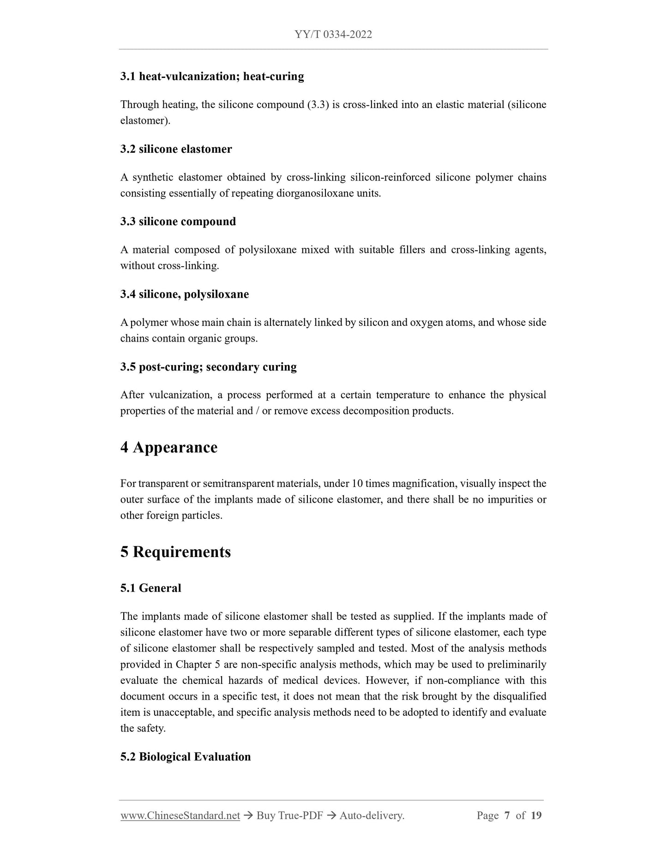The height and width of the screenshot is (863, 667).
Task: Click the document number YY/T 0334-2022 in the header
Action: click(333, 35)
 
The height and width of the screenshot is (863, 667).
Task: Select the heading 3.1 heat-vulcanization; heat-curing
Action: click(212, 76)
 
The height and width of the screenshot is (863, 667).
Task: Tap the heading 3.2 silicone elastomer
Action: click(176, 149)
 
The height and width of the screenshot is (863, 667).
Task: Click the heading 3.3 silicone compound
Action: click(178, 222)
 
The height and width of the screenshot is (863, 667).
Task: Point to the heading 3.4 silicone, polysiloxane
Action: click(184, 294)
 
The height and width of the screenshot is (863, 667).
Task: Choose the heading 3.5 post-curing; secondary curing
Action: click(208, 367)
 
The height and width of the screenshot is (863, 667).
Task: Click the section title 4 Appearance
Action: click(168, 447)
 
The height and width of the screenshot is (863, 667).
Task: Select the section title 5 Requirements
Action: click(175, 552)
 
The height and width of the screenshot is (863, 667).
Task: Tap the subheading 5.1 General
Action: click(150, 588)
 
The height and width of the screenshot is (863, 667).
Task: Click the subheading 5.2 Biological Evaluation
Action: click(185, 757)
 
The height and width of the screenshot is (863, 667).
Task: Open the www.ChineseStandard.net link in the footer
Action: click(180, 815)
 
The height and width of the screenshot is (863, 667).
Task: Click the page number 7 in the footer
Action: click(507, 815)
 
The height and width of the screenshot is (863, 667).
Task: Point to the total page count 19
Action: click(536, 815)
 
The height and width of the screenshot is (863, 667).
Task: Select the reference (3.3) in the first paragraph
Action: click(318, 105)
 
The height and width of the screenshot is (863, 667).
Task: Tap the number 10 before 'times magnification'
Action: click(357, 484)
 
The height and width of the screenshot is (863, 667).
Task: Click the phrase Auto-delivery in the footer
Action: click(371, 815)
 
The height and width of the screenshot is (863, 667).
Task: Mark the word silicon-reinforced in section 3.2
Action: click(390, 177)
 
